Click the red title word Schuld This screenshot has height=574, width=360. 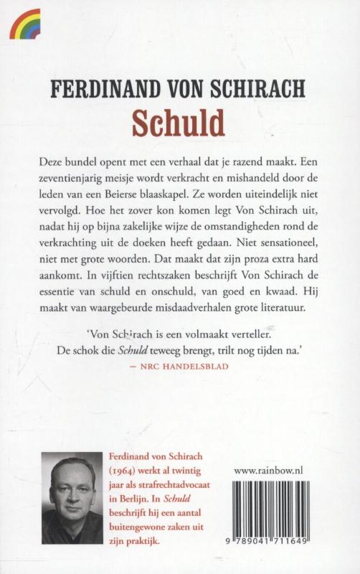(179, 123)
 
